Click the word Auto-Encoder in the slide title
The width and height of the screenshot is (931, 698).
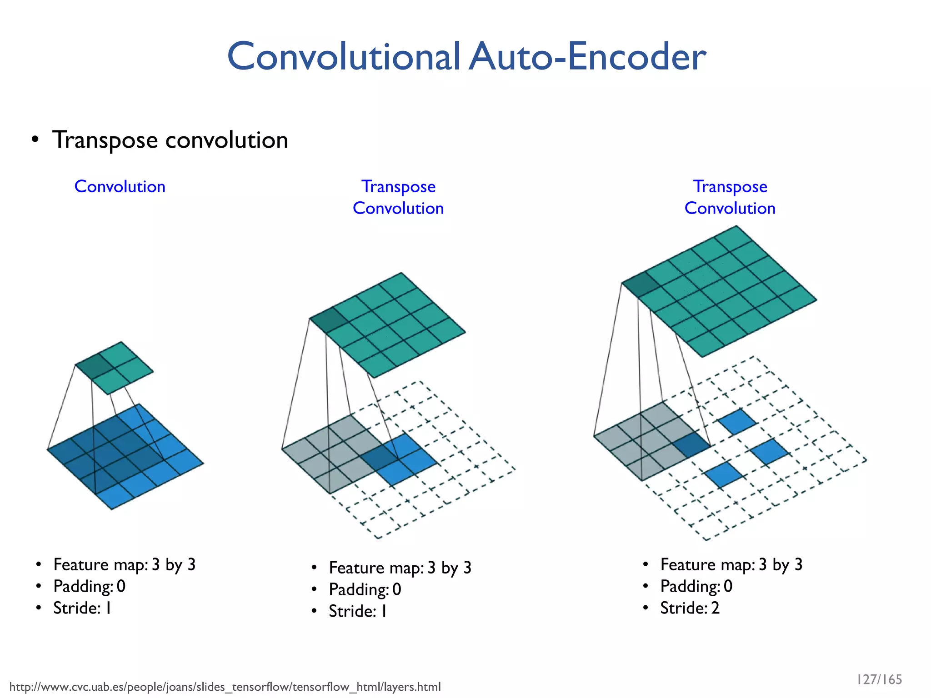pos(587,57)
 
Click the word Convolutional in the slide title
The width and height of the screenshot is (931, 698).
pos(344,57)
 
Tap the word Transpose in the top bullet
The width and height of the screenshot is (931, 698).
pos(105,140)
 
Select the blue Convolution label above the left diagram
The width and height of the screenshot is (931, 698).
pos(120,187)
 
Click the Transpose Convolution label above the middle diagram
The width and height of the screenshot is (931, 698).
pos(398,198)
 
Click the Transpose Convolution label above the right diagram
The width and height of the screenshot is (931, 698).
pos(730,198)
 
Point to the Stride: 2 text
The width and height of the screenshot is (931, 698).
pos(690,608)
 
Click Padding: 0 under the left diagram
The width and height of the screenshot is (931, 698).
pos(89,586)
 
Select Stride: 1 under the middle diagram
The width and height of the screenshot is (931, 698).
pos(358,611)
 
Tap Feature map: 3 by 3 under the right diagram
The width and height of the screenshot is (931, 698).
pos(731,565)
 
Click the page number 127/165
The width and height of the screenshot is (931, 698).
pos(879,679)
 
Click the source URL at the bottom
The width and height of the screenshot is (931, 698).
pos(225,687)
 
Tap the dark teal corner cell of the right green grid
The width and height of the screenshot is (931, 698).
pos(641,284)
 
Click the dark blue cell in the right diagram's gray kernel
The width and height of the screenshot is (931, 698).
pos(691,444)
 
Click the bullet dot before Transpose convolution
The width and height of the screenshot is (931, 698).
pos(35,140)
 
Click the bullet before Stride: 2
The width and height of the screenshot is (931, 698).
pos(646,608)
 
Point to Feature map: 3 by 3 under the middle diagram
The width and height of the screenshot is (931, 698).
pos(400,568)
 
